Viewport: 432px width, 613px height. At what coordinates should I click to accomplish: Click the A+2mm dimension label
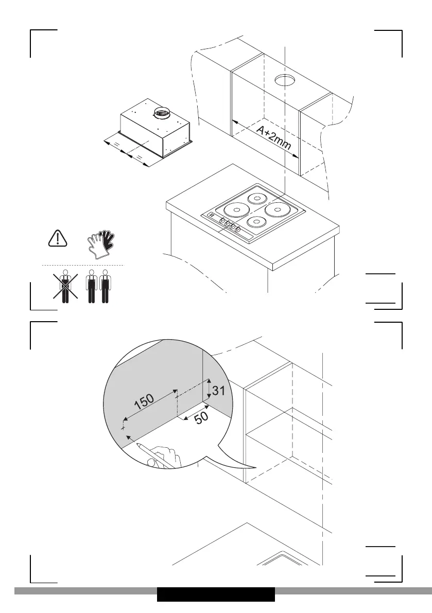274,138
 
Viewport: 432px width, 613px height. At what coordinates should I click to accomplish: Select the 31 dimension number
218,390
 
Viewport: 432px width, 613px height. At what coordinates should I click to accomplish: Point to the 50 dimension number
201,417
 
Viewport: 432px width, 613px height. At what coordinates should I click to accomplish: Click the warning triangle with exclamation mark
58,238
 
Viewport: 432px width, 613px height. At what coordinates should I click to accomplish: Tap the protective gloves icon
101,241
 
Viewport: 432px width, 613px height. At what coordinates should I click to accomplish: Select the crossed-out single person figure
65,286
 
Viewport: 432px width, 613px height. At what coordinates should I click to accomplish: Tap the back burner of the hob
256,198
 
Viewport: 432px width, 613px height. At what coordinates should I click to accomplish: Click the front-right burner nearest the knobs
256,222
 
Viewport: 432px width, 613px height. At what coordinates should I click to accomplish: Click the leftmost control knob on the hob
222,220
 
